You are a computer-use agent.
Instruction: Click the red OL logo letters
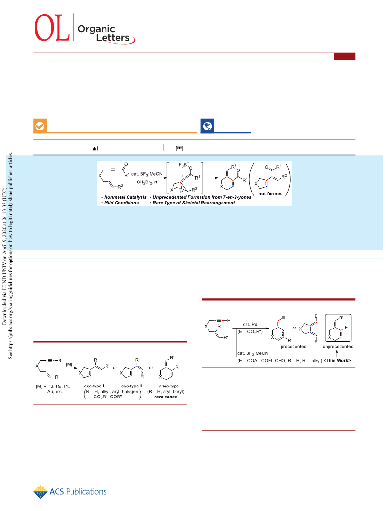point(52,28)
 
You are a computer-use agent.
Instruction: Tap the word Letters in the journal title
point(113,38)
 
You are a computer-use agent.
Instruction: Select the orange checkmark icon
point(40,126)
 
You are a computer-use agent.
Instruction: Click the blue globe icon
point(207,126)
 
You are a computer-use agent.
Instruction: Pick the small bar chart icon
point(94,148)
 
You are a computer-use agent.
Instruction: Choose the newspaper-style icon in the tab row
point(179,148)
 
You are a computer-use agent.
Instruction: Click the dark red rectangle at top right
point(344,57)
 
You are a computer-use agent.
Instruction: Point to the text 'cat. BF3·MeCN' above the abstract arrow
point(147,174)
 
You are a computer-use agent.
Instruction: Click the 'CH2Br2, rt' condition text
point(147,182)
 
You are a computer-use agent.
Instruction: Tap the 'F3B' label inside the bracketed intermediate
point(182,165)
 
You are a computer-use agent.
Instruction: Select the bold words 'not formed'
point(270,193)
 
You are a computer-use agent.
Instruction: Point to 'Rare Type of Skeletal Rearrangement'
point(194,203)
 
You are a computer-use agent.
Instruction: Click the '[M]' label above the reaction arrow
point(69,364)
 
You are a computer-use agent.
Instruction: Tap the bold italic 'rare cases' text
point(166,397)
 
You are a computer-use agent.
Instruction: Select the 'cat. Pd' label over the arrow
point(250,324)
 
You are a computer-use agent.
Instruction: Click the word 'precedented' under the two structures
point(294,346)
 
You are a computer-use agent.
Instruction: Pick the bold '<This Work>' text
point(337,361)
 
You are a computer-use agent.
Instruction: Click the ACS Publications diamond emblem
point(40,492)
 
